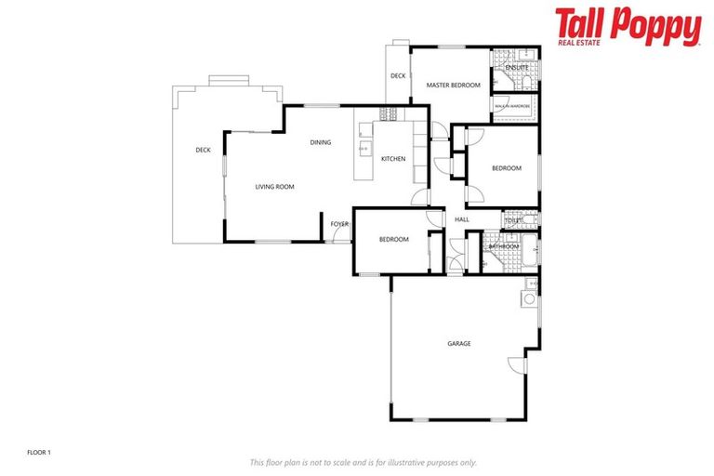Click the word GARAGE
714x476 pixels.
coord(458,344)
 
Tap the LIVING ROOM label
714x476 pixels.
coord(274,187)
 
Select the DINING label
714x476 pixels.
coord(321,142)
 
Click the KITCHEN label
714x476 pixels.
coord(393,159)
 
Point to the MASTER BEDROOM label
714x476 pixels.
coord(453,86)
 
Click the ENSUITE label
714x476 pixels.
coord(517,68)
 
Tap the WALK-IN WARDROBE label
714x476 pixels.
coord(512,107)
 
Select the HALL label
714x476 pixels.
coord(462,219)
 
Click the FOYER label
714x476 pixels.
coord(339,224)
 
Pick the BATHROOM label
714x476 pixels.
coord(503,246)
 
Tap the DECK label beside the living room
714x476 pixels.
coord(203,150)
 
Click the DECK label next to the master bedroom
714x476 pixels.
coord(398,76)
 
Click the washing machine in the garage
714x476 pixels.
coord(529,300)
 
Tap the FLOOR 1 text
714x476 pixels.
coord(38,452)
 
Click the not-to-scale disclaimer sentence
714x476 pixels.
coord(364,462)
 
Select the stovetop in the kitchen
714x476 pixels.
coord(389,114)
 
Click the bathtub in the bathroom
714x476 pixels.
coord(529,250)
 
